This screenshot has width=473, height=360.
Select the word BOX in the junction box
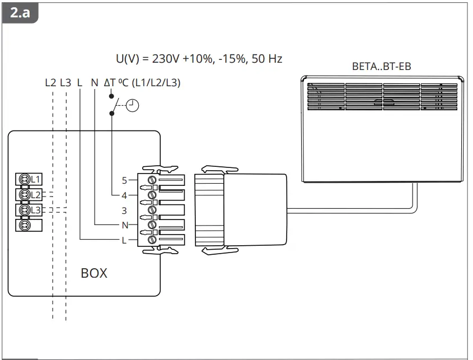point(93,274)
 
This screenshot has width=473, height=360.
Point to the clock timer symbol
point(133,105)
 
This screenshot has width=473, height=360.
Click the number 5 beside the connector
point(125,180)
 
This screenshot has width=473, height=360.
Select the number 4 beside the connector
point(125,195)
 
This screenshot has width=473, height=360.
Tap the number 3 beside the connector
point(125,211)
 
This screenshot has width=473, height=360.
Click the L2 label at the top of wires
point(50,83)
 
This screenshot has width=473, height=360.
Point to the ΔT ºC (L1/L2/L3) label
point(142,83)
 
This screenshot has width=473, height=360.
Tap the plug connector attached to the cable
point(241,210)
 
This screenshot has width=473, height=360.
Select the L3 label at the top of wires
point(65,83)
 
